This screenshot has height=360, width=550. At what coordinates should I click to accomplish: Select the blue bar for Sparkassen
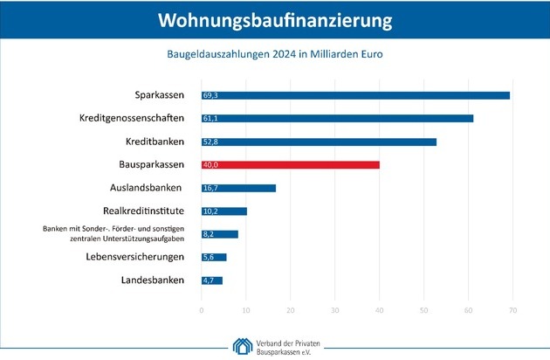click(355, 94)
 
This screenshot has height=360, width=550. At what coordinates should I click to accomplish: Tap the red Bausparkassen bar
click(290, 164)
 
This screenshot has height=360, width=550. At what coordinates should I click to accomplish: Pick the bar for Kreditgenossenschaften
click(337, 118)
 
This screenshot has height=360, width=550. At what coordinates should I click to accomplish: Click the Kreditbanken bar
click(319, 141)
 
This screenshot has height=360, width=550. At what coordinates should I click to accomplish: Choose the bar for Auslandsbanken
click(238, 188)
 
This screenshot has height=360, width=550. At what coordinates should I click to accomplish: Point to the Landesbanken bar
click(212, 280)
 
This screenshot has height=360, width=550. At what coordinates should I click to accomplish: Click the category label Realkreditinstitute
click(144, 211)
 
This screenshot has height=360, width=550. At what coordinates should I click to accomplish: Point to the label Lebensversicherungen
click(135, 257)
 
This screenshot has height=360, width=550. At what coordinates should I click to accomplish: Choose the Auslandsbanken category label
click(147, 188)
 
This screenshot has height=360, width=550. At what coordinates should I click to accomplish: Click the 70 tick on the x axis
click(513, 310)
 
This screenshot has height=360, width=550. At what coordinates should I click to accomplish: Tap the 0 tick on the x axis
click(202, 310)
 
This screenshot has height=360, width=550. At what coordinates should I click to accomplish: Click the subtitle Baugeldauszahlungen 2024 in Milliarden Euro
click(275, 53)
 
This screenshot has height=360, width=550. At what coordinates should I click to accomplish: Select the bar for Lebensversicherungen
click(214, 257)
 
